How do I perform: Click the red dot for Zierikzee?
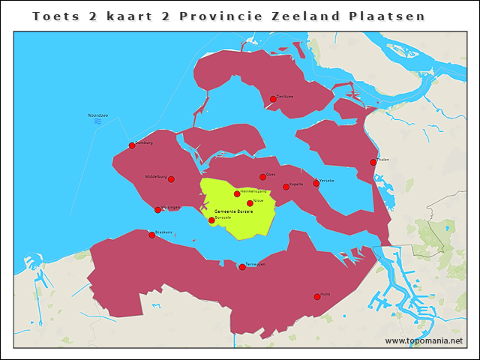tap(273, 99)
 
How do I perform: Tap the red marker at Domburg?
tap(132, 145)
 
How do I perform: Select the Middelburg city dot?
tap(171, 179)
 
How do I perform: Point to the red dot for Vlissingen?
tap(157, 210)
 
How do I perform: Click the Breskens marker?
tap(151, 235)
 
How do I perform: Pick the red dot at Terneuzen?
tap(241, 267)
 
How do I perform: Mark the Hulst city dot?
tap(316, 297)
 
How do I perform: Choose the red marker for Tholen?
tap(373, 162)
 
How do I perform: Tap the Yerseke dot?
tap(316, 183)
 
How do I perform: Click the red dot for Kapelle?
tap(286, 187)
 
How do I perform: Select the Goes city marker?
tap(262, 177)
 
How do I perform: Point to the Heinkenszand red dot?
tap(237, 194)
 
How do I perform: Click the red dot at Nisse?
tap(250, 203)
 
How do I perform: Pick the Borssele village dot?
tap(211, 220)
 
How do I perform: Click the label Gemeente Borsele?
tap(234, 211)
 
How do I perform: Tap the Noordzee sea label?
tap(98, 115)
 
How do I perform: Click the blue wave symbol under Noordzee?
tap(97, 121)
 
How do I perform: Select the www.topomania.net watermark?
tap(424, 340)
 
